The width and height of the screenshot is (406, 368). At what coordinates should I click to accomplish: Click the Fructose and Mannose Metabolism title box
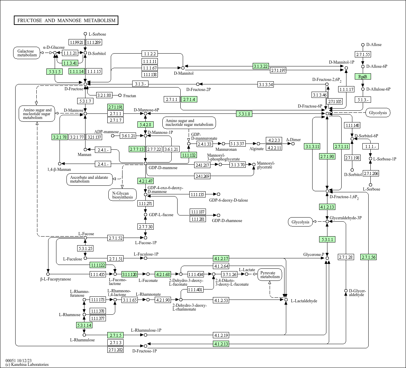click(x=66, y=20)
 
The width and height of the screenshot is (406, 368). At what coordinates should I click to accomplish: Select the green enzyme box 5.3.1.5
click(x=55, y=72)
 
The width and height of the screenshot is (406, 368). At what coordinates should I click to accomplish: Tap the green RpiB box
click(x=363, y=76)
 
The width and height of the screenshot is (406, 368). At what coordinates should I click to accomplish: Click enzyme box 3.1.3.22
click(x=261, y=66)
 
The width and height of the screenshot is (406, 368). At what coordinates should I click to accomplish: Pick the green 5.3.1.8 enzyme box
click(x=244, y=113)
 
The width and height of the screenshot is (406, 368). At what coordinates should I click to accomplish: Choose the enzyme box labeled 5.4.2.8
click(x=145, y=125)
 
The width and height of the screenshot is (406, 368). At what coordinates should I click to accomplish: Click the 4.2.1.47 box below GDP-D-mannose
click(x=145, y=181)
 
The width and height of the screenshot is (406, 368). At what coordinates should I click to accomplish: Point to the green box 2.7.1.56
click(x=369, y=257)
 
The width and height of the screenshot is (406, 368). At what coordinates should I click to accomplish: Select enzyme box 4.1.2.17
click(x=221, y=258)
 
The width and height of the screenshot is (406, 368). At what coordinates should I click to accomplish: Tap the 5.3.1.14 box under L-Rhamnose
click(x=84, y=325)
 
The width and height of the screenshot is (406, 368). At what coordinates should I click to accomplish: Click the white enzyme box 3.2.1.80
click(x=104, y=95)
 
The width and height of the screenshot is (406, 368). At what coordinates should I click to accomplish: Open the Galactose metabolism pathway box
click(x=27, y=53)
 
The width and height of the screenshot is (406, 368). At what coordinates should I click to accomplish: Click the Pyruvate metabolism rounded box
click(x=270, y=275)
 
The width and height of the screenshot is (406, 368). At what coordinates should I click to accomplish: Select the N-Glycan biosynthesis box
click(x=122, y=195)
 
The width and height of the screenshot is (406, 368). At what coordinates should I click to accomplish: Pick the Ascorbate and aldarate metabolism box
click(x=90, y=180)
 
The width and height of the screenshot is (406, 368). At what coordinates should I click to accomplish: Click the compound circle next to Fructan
click(x=120, y=95)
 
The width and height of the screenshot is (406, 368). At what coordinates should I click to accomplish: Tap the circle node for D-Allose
click(x=363, y=45)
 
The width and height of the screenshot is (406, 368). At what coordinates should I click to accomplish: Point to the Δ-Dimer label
click(x=294, y=140)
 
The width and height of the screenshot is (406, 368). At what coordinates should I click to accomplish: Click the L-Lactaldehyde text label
click(x=304, y=301)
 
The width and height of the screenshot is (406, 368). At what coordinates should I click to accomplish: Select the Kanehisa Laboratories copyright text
click(x=27, y=365)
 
